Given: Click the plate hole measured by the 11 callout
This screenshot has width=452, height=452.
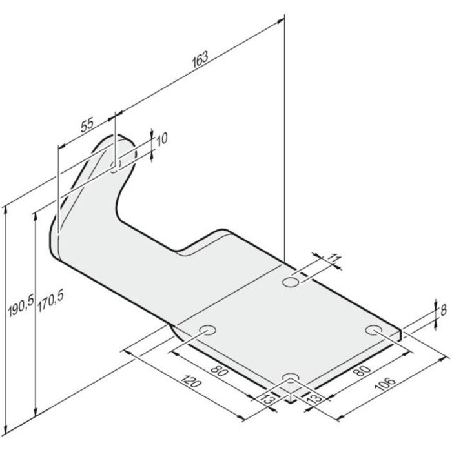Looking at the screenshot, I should pyautogui.click(x=291, y=283).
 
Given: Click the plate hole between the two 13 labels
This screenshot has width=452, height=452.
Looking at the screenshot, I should pyautogui.click(x=291, y=377).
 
